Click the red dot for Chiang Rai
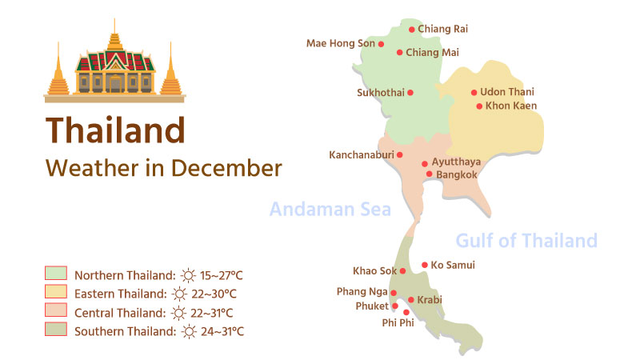(412, 30)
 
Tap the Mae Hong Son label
(341, 43)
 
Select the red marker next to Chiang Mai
(400, 53)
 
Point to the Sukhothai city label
(380, 92)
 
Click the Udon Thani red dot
(474, 93)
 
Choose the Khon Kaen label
(511, 106)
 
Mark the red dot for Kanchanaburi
(400, 155)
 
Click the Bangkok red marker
(429, 174)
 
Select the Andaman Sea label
(330, 210)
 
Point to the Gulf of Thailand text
(526, 240)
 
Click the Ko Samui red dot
(424, 265)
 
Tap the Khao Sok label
(374, 270)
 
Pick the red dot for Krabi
(411, 300)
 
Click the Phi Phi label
(398, 323)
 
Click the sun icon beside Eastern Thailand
(189, 294)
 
